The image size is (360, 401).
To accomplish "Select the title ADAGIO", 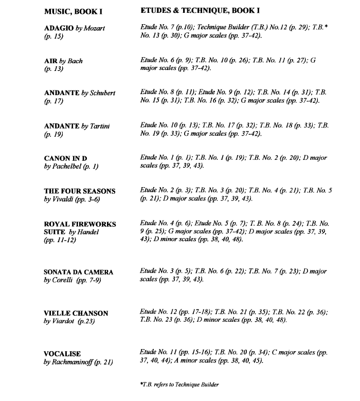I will [59, 28].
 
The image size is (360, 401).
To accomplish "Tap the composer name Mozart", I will [94, 28].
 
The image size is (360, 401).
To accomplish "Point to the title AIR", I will [51, 61].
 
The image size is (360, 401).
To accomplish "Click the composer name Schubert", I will [103, 93].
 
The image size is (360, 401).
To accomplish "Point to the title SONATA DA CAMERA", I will [79, 272].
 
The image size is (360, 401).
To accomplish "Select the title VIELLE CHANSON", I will [76, 313].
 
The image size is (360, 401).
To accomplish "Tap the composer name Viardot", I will [64, 321].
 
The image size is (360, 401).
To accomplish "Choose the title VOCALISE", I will [62, 354].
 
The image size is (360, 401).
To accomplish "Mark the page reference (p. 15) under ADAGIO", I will [53, 37].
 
